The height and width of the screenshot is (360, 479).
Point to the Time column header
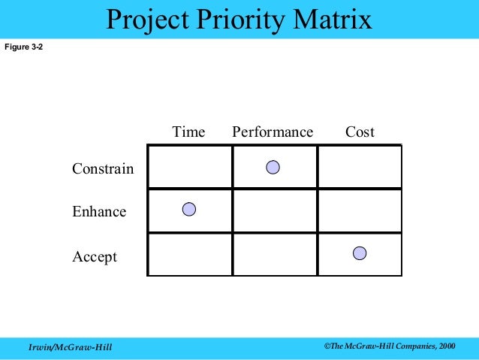(x=188, y=132)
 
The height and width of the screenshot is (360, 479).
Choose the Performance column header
(x=273, y=132)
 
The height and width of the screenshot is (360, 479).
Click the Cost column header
(x=360, y=132)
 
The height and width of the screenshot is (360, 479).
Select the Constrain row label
(x=103, y=169)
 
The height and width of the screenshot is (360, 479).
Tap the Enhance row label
(x=99, y=212)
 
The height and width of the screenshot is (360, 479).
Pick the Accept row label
(x=95, y=257)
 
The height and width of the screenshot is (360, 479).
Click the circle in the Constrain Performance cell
(x=273, y=167)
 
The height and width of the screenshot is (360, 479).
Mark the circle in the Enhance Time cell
(x=189, y=210)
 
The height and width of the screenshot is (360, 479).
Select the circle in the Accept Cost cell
(x=360, y=253)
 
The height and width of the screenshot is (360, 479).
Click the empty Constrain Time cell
(x=189, y=167)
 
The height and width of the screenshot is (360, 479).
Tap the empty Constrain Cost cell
(x=360, y=167)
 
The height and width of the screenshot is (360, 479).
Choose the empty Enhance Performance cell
(x=275, y=210)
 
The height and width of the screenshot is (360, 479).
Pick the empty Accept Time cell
(x=189, y=254)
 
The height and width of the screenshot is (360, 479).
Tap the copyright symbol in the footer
(x=327, y=344)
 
